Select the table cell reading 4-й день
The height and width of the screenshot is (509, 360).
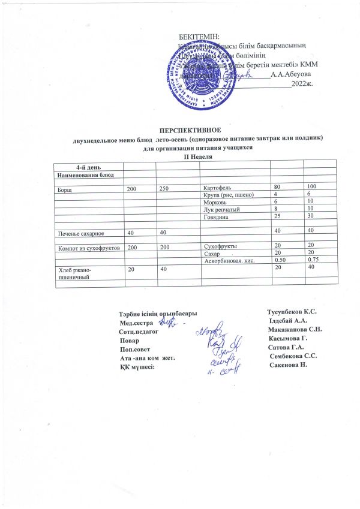pos(87,165)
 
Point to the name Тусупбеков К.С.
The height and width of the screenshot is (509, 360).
pos(290,312)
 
